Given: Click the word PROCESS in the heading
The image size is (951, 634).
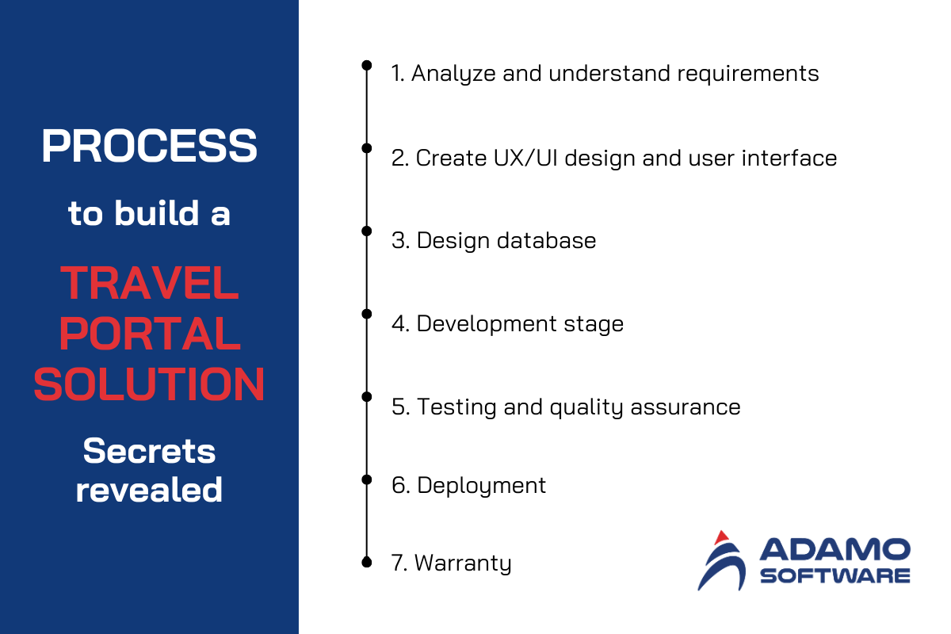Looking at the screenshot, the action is point(150,146).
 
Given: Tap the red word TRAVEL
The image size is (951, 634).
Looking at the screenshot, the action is point(150,283).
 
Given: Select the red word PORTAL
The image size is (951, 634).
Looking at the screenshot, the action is point(150,334).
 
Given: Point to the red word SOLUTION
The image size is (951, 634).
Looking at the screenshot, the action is point(150,384).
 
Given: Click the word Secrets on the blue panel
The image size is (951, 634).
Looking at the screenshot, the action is point(150,451).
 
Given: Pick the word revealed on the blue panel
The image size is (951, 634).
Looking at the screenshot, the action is point(150,490).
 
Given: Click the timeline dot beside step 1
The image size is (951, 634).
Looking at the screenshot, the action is point(367,65).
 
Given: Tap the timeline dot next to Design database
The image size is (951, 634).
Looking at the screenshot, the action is point(367,231).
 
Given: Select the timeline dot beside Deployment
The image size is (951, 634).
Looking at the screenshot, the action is point(367,479).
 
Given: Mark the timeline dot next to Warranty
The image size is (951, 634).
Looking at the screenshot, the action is point(367,562).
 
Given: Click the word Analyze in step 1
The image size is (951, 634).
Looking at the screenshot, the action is point(453,74).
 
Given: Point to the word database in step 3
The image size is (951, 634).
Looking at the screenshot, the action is point(546,240).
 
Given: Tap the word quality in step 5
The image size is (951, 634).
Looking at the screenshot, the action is point(586,408).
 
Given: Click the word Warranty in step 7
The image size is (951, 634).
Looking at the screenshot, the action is point(463,564).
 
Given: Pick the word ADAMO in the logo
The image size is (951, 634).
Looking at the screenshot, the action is point(835,549).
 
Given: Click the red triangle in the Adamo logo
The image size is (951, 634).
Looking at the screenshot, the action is point(721,537).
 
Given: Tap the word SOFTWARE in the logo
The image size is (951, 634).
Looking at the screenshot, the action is point(835,576).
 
